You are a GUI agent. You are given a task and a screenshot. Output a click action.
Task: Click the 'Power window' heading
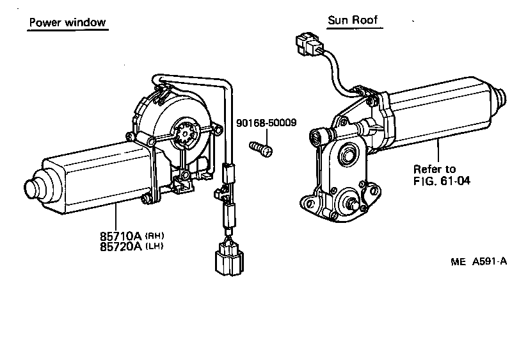tap(67, 23)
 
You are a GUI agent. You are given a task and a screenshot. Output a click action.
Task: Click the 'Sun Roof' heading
tap(353, 20)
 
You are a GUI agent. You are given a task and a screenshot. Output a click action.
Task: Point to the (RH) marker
tap(154, 234)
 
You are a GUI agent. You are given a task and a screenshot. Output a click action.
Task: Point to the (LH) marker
tap(154, 246)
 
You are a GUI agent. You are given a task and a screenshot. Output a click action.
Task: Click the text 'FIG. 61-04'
tap(442, 181)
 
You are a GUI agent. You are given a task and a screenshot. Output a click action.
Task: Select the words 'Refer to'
tap(435, 169)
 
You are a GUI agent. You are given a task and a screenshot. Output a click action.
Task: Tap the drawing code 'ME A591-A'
tap(478, 261)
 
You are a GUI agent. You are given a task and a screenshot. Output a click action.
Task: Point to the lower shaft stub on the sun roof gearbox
tap(353, 204)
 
